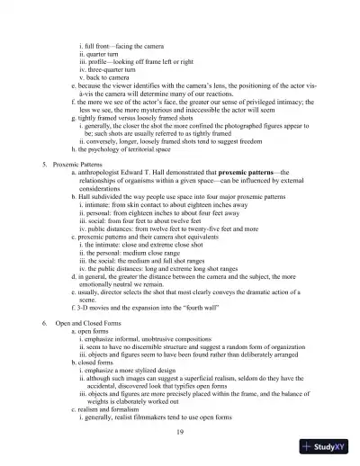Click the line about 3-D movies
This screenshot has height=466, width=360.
point(161,305)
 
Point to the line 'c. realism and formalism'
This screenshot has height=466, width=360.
point(111,412)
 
